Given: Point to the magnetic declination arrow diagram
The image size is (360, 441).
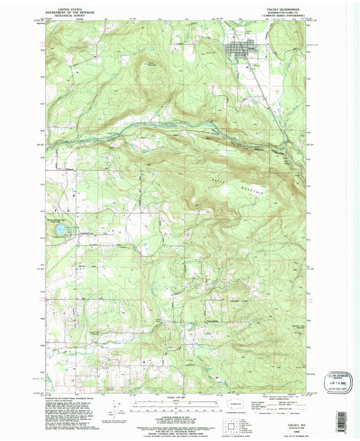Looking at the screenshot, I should pos(109,403).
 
